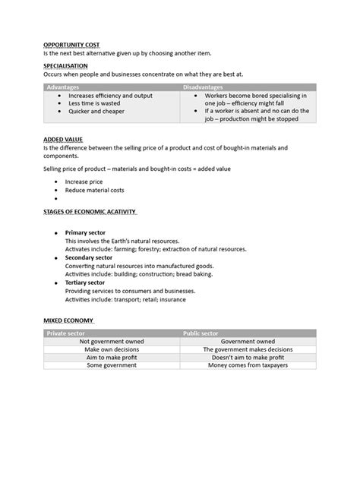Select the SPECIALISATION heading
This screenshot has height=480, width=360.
click(66, 66)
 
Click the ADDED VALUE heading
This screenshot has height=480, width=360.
click(63, 140)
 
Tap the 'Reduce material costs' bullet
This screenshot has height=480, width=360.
click(95, 191)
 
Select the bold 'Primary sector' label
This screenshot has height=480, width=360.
click(87, 232)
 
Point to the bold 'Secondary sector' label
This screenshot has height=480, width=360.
click(90, 257)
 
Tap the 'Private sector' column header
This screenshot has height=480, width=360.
click(66, 333)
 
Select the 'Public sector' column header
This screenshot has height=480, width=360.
click(204, 333)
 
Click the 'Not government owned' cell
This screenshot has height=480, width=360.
click(112, 342)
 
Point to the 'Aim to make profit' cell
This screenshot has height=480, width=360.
click(112, 358)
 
